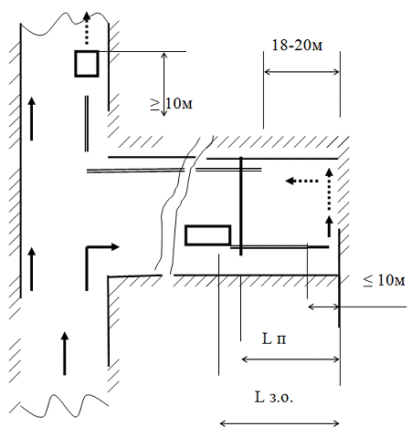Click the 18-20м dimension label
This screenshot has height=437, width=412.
297,46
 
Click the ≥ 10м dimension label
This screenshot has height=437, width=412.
172,104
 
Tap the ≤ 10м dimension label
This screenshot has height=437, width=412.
384,280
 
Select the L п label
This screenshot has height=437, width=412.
274,338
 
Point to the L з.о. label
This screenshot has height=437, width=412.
274,397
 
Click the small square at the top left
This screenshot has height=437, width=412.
87,64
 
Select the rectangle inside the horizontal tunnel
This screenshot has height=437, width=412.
208,235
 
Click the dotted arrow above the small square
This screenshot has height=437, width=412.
87,28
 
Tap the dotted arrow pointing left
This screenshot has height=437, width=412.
301,181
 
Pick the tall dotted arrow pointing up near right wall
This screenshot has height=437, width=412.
329,189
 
